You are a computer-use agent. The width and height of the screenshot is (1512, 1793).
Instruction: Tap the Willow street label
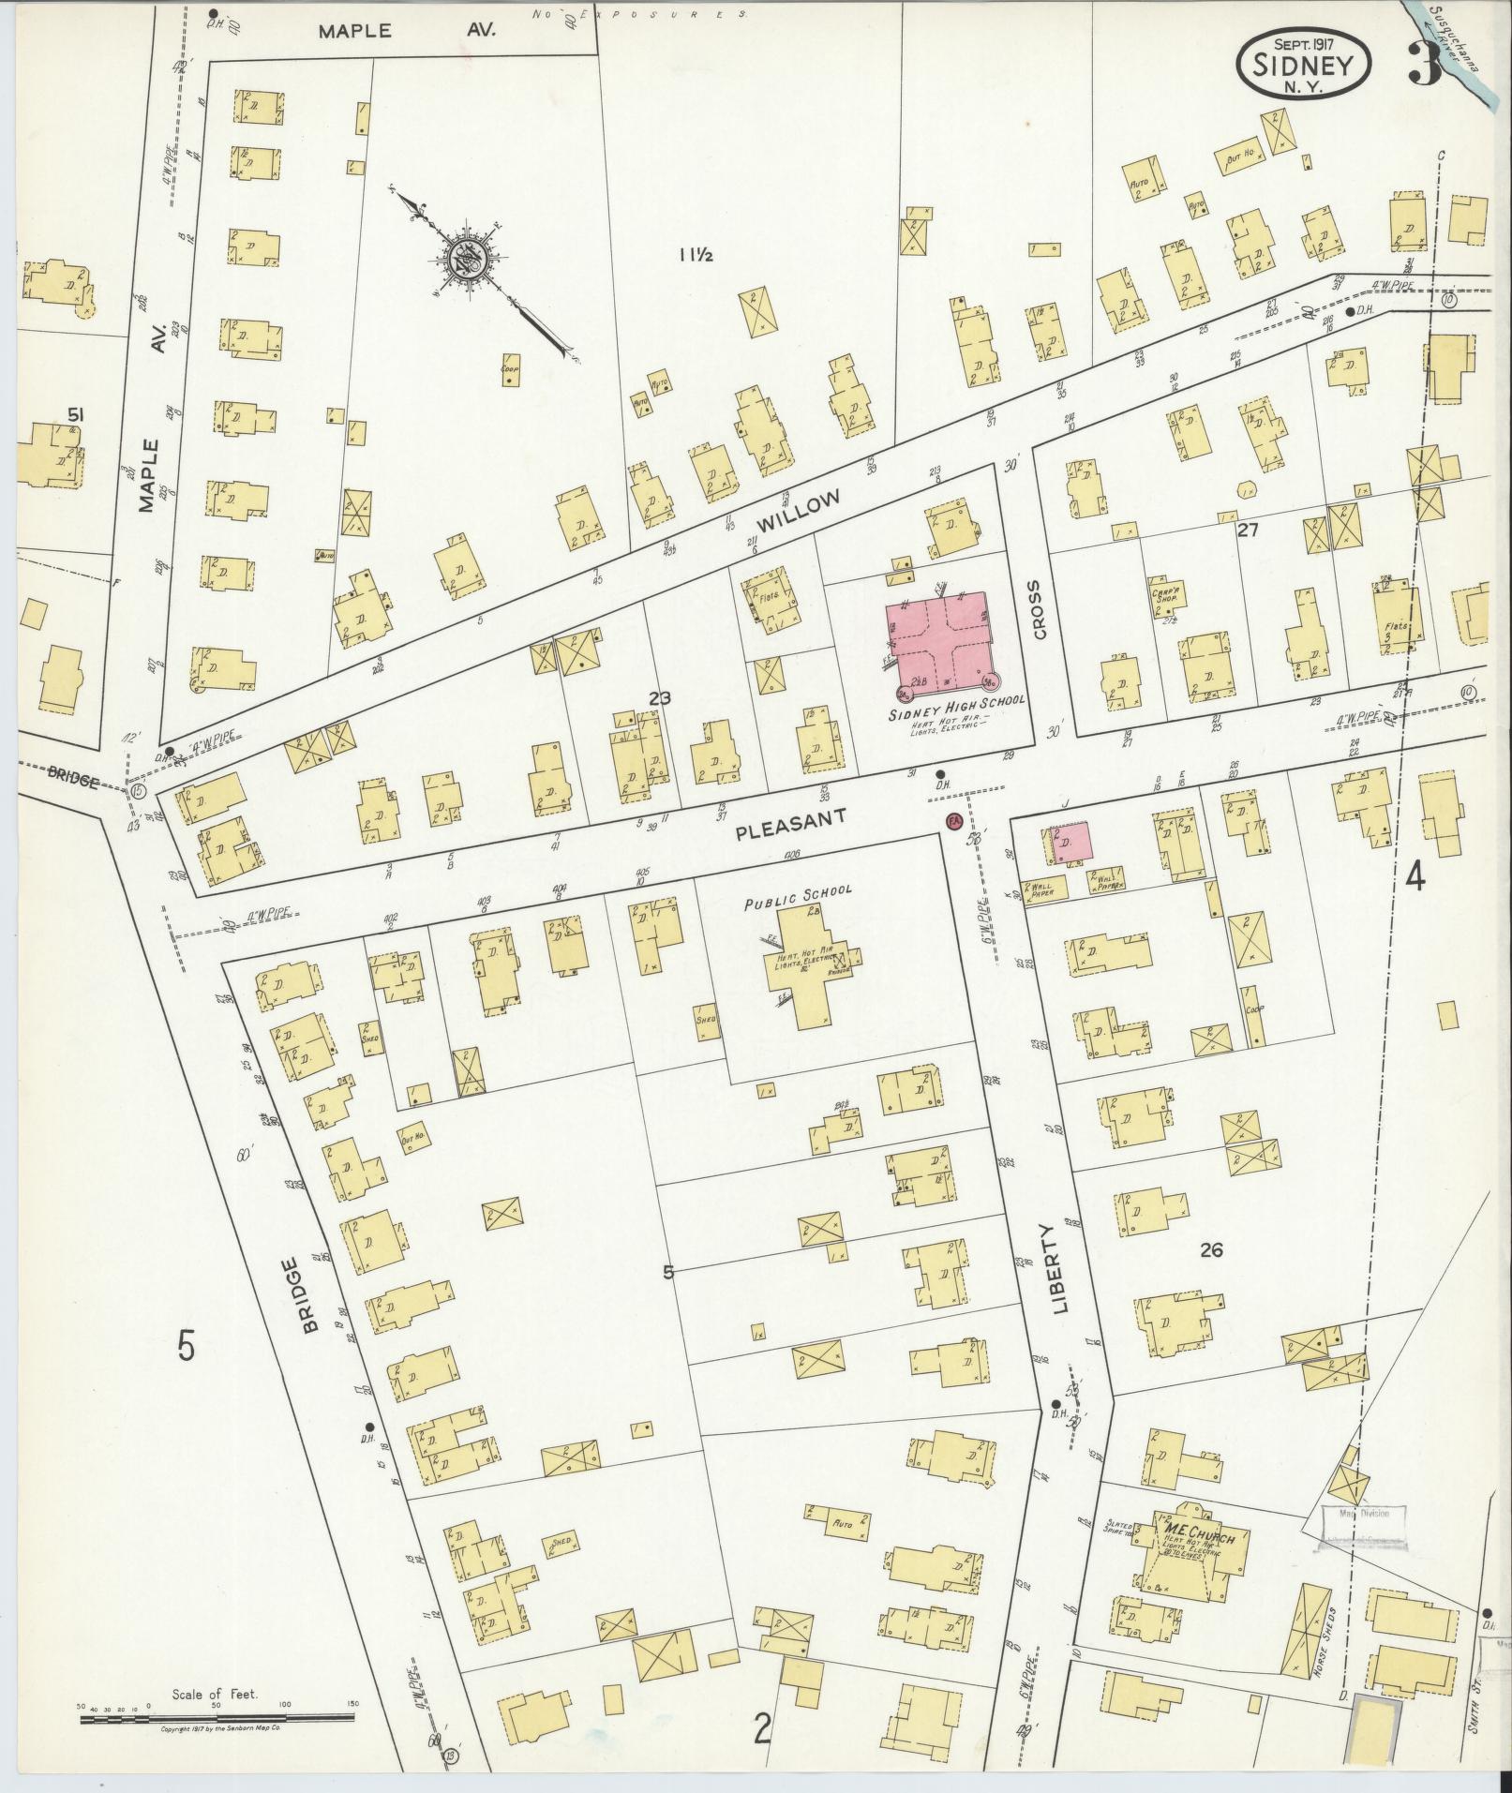tap(799, 511)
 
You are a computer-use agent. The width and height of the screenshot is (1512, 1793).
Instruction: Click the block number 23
tap(659, 698)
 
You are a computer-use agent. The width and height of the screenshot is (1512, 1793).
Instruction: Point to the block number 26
tap(1211, 1249)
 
